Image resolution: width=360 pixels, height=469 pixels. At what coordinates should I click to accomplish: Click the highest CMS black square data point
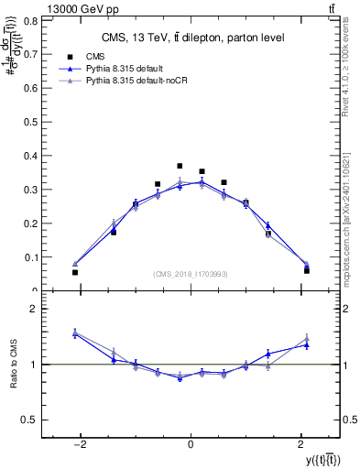180,166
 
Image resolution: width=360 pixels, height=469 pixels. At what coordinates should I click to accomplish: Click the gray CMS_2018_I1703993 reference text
191,274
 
